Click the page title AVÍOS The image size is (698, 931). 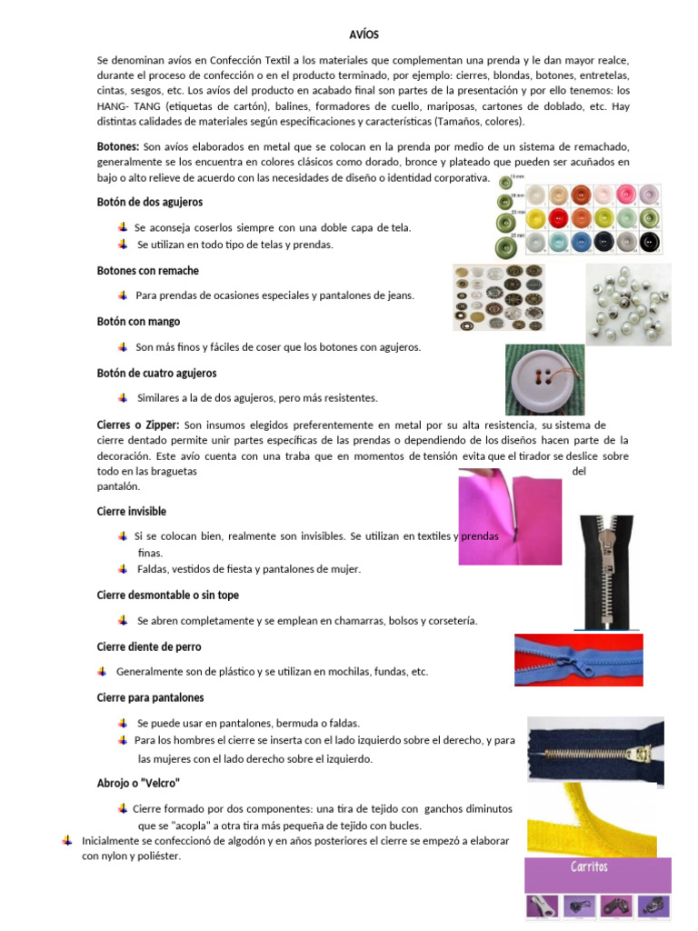click(364, 35)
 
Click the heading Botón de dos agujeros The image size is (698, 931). click(149, 202)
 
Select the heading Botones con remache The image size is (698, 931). click(147, 271)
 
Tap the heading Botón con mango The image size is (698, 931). click(138, 322)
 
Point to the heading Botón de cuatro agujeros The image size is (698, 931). click(156, 374)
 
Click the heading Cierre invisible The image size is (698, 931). click(131, 512)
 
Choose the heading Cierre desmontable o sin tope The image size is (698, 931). click(167, 596)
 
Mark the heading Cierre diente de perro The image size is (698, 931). click(149, 646)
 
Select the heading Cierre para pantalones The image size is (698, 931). click(150, 697)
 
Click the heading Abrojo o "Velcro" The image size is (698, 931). click(138, 783)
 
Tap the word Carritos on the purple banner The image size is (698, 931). click(589, 867)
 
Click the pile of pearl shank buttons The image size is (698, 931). click(628, 305)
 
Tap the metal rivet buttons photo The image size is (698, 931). click(498, 297)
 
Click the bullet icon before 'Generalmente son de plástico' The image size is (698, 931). click(103, 671)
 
